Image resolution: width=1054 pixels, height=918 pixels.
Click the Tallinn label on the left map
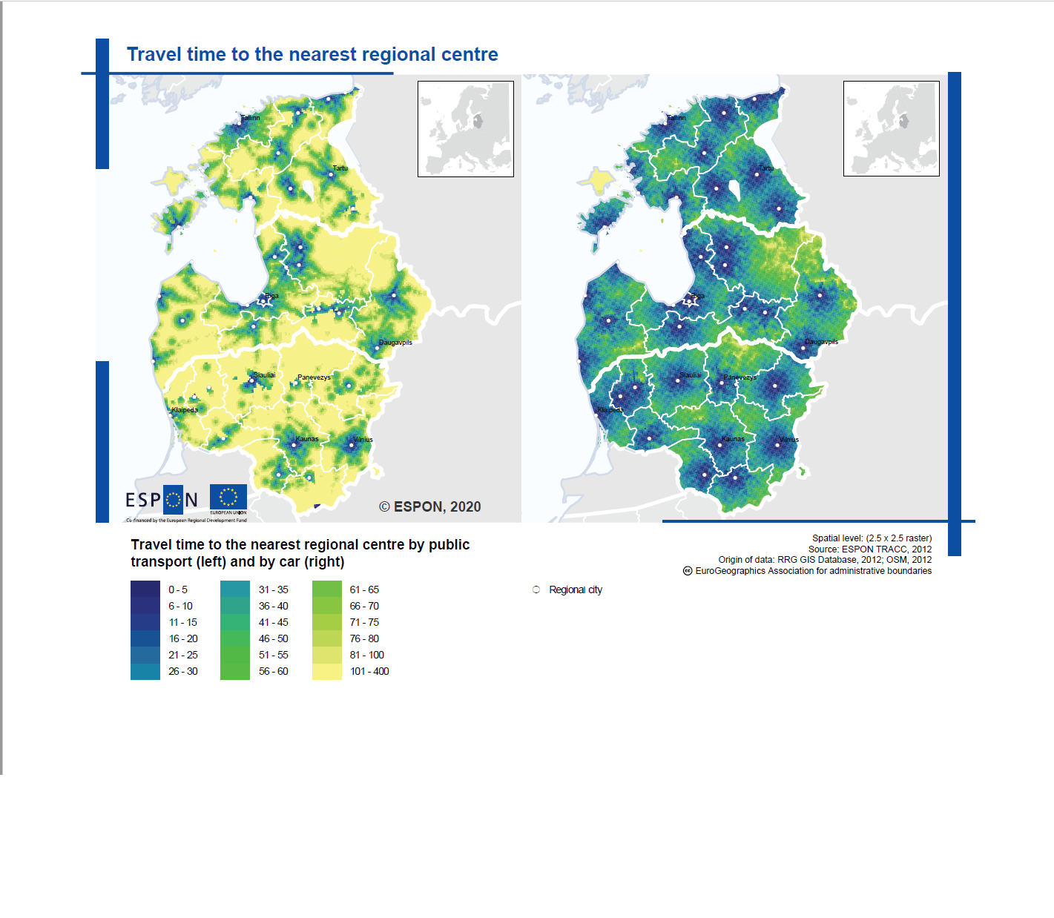tap(251, 118)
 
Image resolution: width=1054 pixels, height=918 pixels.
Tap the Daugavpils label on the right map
tap(821, 342)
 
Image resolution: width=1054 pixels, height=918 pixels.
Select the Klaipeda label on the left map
tap(185, 410)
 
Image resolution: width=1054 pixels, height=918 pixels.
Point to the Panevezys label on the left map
tap(314, 377)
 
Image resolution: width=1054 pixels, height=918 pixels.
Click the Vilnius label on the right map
tap(788, 440)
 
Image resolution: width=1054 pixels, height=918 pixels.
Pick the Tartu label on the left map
tap(340, 168)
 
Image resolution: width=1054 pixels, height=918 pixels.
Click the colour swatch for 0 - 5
tap(145, 590)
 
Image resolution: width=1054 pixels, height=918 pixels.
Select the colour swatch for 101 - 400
tap(327, 671)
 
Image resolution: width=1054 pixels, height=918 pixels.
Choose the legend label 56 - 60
tap(273, 671)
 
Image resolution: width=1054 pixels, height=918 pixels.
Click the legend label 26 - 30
tap(182, 671)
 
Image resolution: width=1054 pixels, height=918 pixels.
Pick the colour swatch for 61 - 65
tap(327, 590)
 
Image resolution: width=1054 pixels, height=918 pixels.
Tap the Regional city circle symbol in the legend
tap(536, 590)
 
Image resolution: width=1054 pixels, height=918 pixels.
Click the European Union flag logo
tap(228, 498)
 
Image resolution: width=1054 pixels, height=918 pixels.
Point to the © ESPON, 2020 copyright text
tap(430, 506)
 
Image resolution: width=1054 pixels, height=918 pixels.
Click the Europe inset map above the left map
tap(466, 129)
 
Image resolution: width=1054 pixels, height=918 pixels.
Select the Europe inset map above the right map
tap(891, 129)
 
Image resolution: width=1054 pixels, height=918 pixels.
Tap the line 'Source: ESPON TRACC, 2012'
tap(869, 549)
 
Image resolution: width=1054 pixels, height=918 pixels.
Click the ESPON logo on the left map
tap(162, 500)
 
